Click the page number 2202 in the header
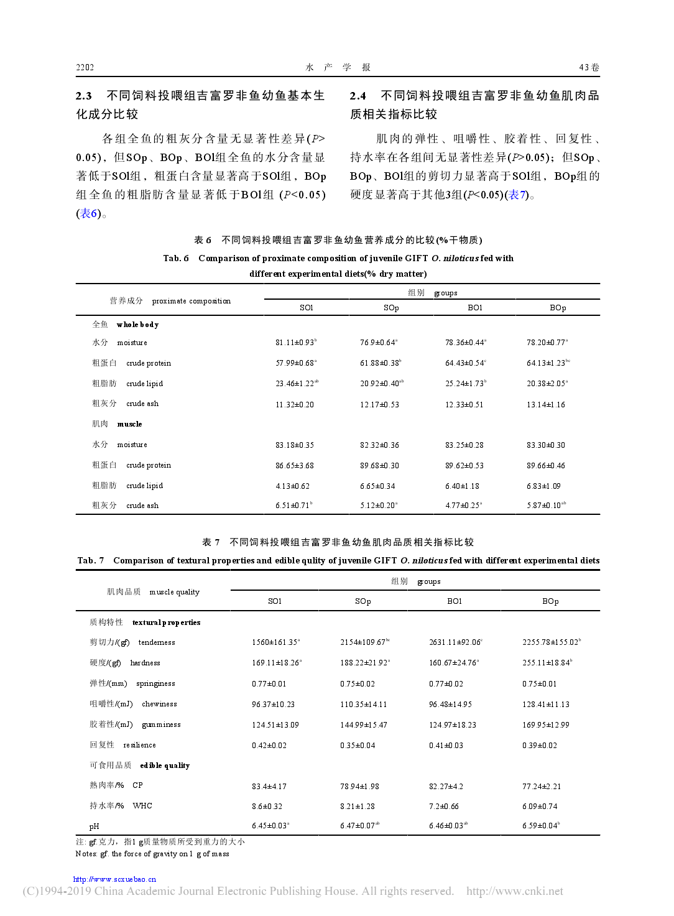tap(85, 67)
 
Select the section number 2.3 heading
tap(84, 96)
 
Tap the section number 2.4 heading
tap(358, 96)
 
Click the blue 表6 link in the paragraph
tap(88, 214)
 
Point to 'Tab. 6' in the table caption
tap(176, 258)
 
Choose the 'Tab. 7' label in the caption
tap(91, 560)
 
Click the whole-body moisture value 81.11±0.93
tap(295, 343)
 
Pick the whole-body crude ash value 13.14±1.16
tap(545, 405)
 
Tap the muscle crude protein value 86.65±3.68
tap(294, 466)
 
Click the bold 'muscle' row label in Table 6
tap(129, 424)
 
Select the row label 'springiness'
tap(155, 683)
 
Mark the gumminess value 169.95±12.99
tap(545, 725)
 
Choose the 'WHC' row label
tap(142, 806)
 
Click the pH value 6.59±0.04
tap(540, 826)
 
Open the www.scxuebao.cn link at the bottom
tap(114, 879)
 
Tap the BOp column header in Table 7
tap(550, 601)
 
